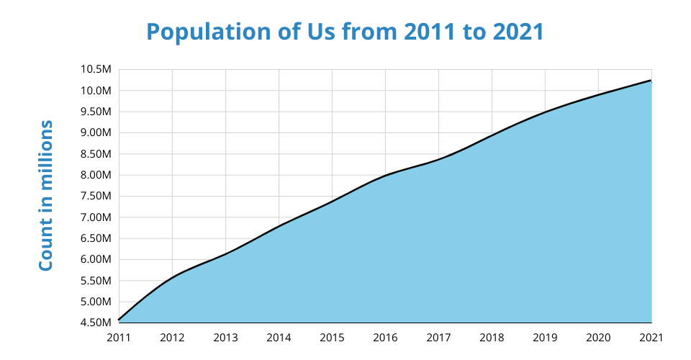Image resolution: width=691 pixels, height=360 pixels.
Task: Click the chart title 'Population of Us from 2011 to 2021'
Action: (345, 32)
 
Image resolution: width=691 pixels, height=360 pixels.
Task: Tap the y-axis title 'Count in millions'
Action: (46, 196)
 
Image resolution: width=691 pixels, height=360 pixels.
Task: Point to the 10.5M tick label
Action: (96, 70)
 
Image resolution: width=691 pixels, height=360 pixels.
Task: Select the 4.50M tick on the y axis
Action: (96, 323)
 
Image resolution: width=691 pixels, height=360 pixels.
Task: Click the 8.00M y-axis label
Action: (96, 175)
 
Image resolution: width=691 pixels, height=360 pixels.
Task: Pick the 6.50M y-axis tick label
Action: (96, 238)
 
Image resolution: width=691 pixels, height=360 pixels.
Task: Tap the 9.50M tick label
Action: (96, 112)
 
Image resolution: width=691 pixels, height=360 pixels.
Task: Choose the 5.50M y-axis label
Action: (96, 281)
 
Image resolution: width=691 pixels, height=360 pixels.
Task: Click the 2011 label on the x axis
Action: (119, 337)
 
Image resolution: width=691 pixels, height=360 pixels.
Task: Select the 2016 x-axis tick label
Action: (385, 337)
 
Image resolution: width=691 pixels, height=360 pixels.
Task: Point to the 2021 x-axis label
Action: (651, 337)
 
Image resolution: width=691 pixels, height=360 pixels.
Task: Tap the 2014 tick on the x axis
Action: (279, 337)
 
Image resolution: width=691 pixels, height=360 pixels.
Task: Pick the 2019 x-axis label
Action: (545, 337)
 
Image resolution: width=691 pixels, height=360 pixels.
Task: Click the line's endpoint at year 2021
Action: (651, 81)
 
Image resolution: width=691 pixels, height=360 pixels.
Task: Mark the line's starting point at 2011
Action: (119, 320)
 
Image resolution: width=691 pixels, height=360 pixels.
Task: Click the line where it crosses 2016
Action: (385, 175)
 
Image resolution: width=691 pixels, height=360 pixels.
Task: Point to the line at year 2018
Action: (492, 135)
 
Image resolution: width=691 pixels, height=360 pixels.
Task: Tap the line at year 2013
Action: (225, 253)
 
